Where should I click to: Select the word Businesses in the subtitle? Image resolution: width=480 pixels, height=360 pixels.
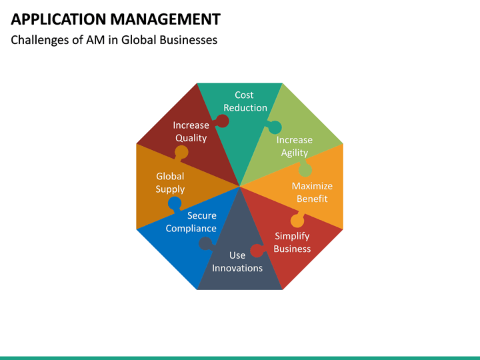(187, 40)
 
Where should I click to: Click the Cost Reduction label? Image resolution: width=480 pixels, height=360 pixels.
(245, 101)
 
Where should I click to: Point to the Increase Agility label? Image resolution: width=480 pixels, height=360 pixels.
(294, 146)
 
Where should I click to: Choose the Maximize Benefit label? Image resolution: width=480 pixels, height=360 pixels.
(312, 192)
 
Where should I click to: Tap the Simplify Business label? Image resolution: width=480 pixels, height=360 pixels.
(292, 242)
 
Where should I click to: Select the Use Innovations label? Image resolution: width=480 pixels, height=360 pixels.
(237, 261)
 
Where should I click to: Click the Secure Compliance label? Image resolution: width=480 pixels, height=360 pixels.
(191, 222)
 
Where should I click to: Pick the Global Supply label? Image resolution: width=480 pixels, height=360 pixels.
(170, 183)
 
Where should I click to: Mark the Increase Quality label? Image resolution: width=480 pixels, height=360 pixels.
(191, 131)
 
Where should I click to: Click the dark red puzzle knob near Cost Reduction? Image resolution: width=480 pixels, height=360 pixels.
(223, 121)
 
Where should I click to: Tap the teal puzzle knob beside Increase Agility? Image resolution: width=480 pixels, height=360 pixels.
(275, 127)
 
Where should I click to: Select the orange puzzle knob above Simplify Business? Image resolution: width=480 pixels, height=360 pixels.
(297, 220)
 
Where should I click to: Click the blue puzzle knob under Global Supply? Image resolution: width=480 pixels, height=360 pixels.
(175, 203)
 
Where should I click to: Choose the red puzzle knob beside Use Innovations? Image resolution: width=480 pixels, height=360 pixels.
(257, 251)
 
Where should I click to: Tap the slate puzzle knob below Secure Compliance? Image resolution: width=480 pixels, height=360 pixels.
(207, 244)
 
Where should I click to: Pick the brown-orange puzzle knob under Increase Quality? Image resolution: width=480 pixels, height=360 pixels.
(181, 152)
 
